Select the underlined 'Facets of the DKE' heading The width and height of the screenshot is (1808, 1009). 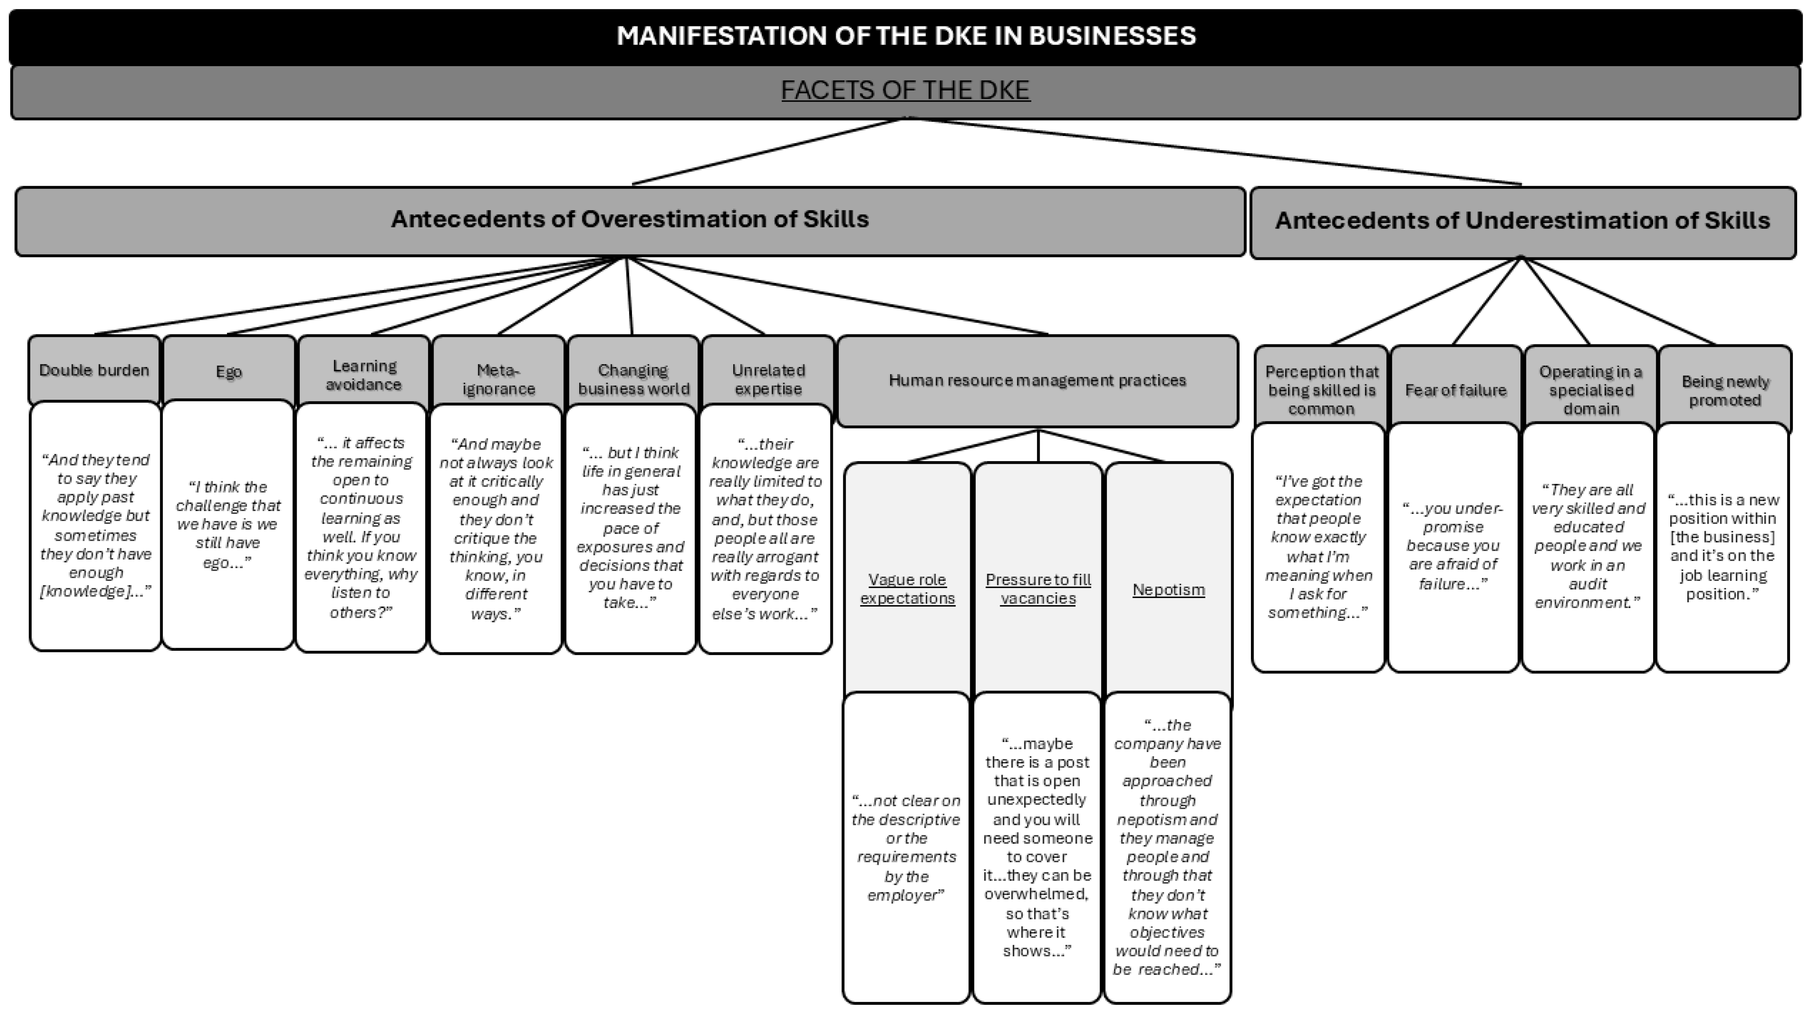(x=905, y=90)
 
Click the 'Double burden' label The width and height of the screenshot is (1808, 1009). (x=94, y=370)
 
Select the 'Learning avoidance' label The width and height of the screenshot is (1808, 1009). (x=364, y=375)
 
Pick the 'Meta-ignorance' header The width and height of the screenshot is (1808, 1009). (x=498, y=380)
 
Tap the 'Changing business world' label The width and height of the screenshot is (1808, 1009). (x=633, y=380)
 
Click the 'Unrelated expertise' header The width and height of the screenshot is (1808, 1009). (x=768, y=380)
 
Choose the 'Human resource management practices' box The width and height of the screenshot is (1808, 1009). (x=1038, y=380)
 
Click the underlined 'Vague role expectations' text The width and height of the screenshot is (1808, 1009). (x=907, y=589)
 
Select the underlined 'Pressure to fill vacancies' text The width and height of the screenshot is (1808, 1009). (x=1038, y=589)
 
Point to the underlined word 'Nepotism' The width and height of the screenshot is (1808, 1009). (x=1169, y=589)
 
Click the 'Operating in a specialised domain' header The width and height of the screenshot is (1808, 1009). (x=1590, y=390)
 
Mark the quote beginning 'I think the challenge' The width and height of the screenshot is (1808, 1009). (x=228, y=524)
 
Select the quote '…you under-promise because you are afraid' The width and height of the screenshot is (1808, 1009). (x=1453, y=546)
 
